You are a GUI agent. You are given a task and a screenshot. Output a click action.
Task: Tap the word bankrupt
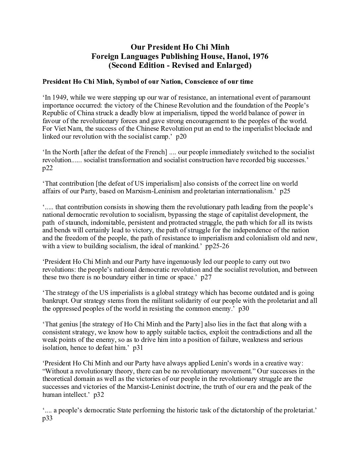54,301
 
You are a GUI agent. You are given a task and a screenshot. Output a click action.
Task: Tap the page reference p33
47,418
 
